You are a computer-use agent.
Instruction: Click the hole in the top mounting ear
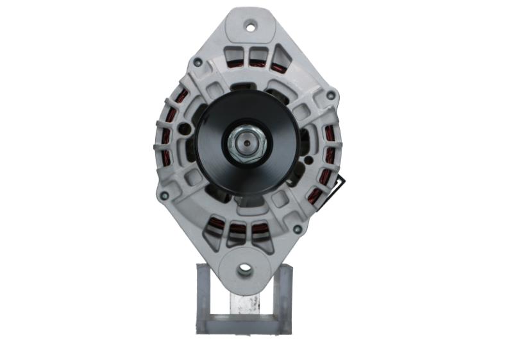coord(251,26)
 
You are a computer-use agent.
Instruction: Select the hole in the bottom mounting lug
coord(244,270)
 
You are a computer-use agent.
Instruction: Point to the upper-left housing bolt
coord(198,62)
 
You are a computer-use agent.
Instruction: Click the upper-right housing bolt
coord(330,96)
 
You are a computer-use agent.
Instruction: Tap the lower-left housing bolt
coord(164,196)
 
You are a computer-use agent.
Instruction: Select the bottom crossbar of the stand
coord(244,324)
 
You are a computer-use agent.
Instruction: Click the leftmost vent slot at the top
coord(235,56)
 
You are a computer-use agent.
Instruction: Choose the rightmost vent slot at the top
coord(280,60)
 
